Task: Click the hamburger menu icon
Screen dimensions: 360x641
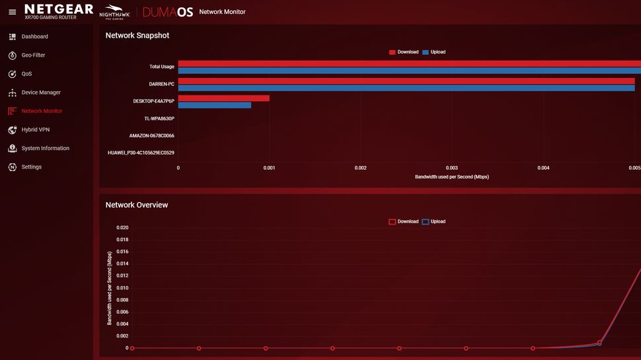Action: (12, 12)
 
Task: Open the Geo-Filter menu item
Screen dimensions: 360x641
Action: (33, 55)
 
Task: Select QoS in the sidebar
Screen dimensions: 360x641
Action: (26, 74)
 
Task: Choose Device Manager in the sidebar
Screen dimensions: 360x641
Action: (40, 92)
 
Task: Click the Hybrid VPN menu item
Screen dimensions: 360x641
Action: (35, 130)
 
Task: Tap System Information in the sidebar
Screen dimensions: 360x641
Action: (45, 149)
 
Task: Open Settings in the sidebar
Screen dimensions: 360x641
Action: (31, 167)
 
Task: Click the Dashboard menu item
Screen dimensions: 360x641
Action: (34, 37)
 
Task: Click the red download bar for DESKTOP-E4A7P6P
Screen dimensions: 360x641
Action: (223, 98)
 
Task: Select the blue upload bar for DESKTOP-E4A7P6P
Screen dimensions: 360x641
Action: (215, 105)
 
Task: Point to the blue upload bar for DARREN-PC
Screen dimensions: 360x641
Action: (406, 88)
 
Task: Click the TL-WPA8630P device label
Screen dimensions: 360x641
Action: (159, 118)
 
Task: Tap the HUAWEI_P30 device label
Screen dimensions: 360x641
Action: (141, 153)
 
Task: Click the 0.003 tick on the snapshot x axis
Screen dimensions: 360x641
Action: (452, 168)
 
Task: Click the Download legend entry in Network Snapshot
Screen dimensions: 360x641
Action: (404, 52)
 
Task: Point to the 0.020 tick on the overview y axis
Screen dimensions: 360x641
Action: (122, 227)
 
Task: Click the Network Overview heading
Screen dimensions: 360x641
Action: (137, 205)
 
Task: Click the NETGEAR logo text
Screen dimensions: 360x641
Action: (59, 9)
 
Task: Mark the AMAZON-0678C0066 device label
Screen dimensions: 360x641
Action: (151, 135)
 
